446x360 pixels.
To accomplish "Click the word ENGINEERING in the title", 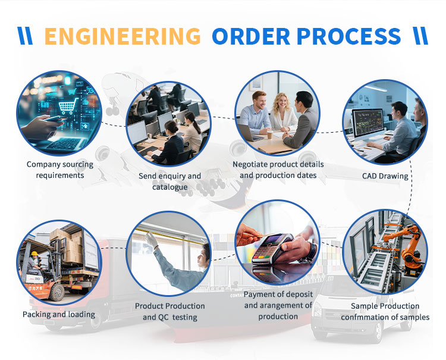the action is (123, 36).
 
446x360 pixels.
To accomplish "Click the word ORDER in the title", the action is (251, 36).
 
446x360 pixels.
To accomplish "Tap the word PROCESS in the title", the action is (348, 36).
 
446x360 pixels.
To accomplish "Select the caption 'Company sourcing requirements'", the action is (60, 170).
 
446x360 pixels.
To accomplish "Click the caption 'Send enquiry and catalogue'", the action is (170, 181).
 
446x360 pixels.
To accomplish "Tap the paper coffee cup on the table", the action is (270, 134).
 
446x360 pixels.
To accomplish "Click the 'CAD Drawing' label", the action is (385, 176).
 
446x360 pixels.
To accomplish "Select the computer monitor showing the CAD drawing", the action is (368, 123).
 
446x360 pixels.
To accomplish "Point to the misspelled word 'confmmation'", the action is (364, 317).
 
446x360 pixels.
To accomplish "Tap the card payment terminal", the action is (271, 248).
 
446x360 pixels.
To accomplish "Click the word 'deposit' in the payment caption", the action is (299, 295).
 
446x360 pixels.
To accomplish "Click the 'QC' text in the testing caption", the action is (164, 317).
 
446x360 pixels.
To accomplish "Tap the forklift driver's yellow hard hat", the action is (34, 253).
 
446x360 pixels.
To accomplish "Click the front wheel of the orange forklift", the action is (57, 292).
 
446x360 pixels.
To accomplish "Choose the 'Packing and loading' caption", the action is (59, 314).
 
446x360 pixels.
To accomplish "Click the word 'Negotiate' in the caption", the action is (250, 164).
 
